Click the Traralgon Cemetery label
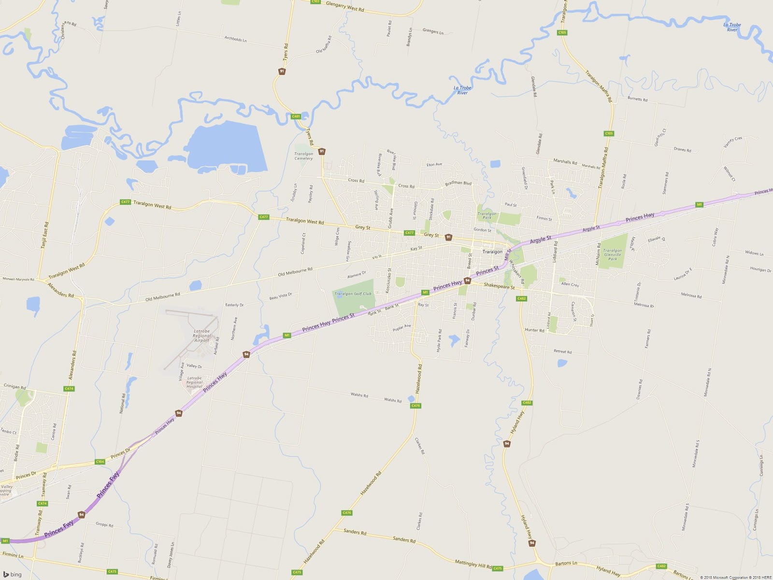point(303,156)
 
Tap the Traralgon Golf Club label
point(353,294)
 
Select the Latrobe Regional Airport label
point(201,336)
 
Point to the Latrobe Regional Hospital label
point(194,382)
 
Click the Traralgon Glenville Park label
point(612,255)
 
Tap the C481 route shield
point(296,116)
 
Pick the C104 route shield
point(100,462)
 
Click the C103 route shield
point(315,1)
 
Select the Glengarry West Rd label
point(345,6)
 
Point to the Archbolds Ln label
point(235,39)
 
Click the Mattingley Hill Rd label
point(473,564)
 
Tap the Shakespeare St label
point(499,286)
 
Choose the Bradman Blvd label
point(458,183)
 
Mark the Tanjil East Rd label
point(44,235)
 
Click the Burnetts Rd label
point(637,99)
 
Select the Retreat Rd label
point(562,351)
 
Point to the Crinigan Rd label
point(14,386)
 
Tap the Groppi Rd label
point(104,524)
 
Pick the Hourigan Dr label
point(760,269)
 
